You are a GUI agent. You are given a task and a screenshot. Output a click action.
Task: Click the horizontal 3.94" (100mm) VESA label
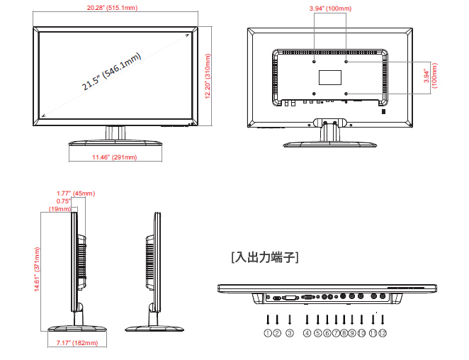(x=331, y=8)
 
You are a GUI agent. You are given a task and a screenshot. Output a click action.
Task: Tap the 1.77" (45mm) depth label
(x=76, y=193)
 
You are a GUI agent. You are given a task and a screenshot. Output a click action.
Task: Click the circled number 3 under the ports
(x=290, y=332)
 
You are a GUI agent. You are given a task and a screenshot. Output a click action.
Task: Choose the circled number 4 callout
(x=307, y=332)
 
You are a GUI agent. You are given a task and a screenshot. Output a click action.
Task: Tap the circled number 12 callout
(x=383, y=332)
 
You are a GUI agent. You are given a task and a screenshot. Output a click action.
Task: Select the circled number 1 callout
(x=268, y=332)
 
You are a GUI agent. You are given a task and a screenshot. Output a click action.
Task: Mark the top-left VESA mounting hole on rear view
(x=315, y=62)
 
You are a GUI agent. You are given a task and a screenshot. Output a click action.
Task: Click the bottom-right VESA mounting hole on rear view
(x=346, y=93)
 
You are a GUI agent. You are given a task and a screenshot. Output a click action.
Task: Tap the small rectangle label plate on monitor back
(x=330, y=76)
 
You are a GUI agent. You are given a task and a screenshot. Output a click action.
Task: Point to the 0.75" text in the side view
(x=64, y=201)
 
